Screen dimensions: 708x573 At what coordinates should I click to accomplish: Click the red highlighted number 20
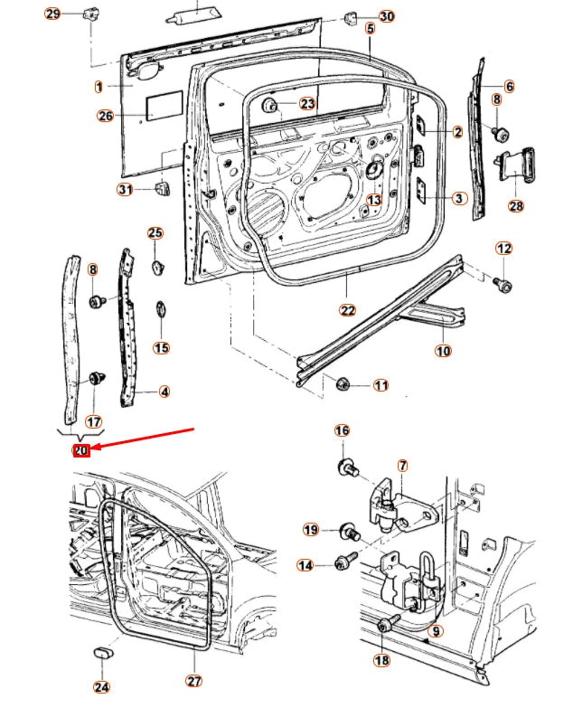[x=81, y=450]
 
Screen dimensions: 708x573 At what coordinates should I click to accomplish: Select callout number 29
[x=52, y=14]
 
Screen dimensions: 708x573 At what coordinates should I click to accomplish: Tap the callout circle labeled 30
[x=386, y=16]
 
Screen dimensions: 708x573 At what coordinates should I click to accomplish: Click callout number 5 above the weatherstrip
[x=370, y=29]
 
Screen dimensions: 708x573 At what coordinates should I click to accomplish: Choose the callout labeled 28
[x=516, y=206]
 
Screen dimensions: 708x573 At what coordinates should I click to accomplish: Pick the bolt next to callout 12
[x=504, y=285]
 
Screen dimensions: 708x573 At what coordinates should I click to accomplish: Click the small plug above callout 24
[x=102, y=653]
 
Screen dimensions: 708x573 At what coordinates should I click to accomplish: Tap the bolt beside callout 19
[x=348, y=533]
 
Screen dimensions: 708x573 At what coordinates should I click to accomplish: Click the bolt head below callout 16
[x=347, y=467]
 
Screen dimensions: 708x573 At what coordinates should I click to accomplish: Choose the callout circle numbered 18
[x=382, y=661]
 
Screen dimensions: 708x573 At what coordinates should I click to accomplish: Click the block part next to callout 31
[x=164, y=188]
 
